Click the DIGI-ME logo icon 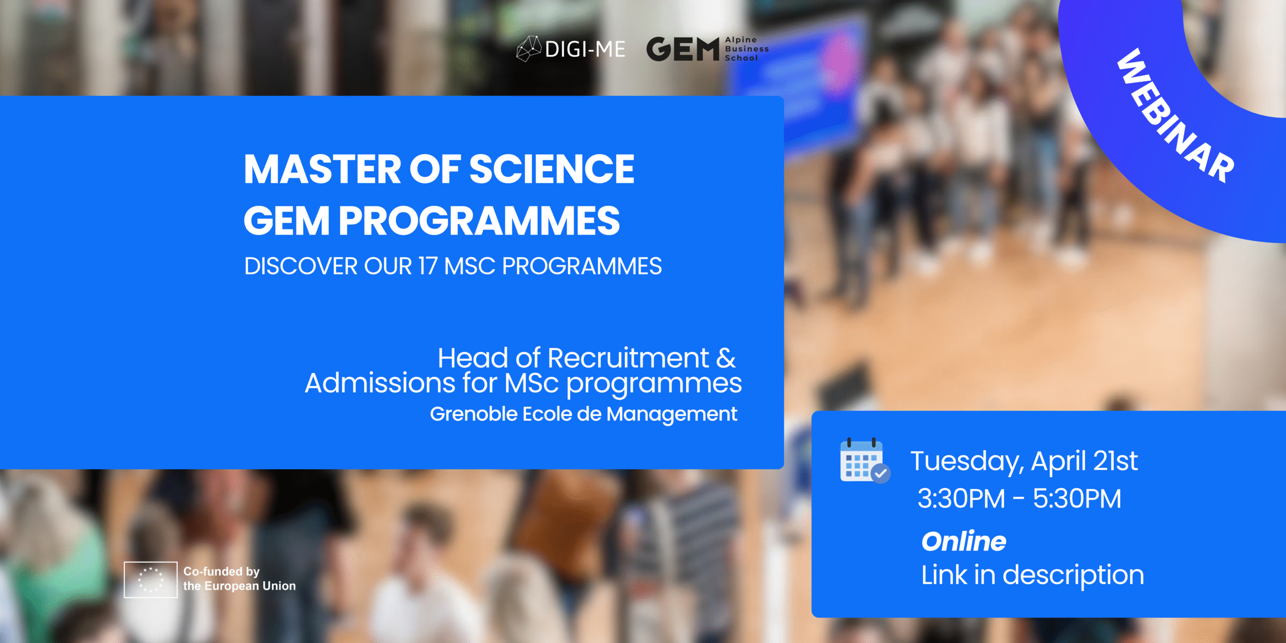(529, 49)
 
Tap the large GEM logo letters (683, 49)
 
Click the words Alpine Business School (746, 49)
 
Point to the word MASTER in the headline (322, 169)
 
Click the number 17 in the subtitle (427, 266)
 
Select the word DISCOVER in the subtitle (300, 266)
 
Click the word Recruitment (628, 358)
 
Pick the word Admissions (380, 384)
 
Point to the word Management (672, 415)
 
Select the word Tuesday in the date (966, 461)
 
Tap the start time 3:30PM (961, 499)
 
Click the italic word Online (963, 542)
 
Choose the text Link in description (1032, 575)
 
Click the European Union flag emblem (151, 579)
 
